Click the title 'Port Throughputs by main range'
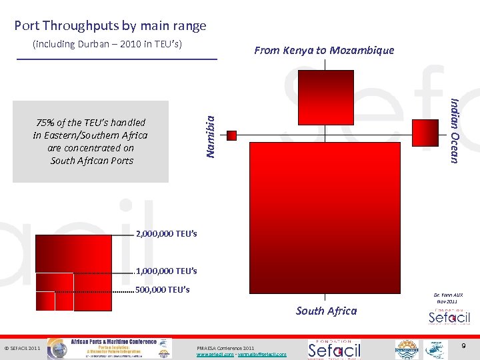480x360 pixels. pyautogui.click(x=110, y=26)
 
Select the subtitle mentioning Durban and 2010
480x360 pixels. pyautogui.click(x=107, y=45)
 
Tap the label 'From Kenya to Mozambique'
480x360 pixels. pyautogui.click(x=324, y=50)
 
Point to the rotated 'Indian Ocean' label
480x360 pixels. pyautogui.click(x=455, y=130)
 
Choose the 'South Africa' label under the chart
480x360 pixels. pyautogui.click(x=326, y=311)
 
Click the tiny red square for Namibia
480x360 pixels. pyautogui.click(x=232, y=135)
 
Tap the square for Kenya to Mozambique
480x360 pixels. pyautogui.click(x=326, y=97)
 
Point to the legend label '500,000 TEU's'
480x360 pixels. pyautogui.click(x=163, y=290)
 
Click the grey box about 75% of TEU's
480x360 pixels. pyautogui.click(x=91, y=141)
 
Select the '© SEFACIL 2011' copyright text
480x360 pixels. pyautogui.click(x=23, y=349)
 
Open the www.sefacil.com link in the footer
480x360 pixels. pyautogui.click(x=213, y=355)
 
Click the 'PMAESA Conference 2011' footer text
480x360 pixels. pyautogui.click(x=226, y=348)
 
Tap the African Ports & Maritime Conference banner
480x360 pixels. pyautogui.click(x=121, y=348)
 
